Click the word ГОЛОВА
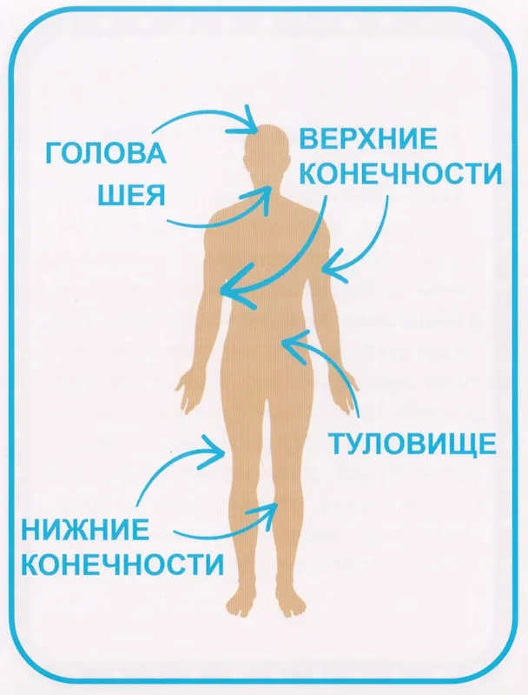click(106, 153)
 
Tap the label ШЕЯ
click(131, 195)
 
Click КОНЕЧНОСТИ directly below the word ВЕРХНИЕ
click(400, 173)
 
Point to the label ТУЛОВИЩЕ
click(412, 444)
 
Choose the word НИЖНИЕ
click(85, 530)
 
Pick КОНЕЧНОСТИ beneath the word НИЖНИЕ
click(122, 565)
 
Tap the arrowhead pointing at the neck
click(261, 198)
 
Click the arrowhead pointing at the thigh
click(213, 451)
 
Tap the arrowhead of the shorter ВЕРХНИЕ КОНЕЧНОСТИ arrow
click(333, 265)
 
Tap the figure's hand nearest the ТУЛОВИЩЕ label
click(346, 392)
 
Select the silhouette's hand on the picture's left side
click(189, 392)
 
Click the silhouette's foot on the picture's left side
click(242, 599)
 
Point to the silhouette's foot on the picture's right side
click(290, 599)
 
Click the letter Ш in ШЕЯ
click(109, 195)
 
